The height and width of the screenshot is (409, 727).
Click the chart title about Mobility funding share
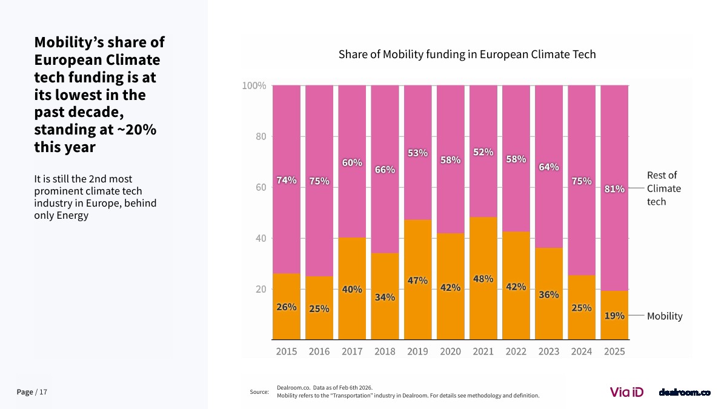coord(467,55)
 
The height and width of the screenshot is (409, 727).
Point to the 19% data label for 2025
coord(614,316)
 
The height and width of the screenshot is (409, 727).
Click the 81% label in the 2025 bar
coord(614,189)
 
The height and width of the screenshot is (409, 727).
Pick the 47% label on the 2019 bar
coord(417,281)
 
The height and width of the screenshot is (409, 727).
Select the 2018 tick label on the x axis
coord(385,351)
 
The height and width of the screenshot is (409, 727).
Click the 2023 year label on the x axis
coord(549,351)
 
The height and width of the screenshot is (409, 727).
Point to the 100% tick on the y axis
coord(254,86)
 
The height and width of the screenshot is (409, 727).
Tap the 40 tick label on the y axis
coord(261,239)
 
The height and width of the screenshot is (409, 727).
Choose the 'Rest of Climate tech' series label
coord(663,188)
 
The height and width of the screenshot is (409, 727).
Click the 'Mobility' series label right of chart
coord(665,316)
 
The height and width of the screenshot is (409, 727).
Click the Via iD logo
coord(626,392)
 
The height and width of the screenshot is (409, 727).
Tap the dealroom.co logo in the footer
coord(685,393)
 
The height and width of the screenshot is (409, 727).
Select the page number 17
coord(43,393)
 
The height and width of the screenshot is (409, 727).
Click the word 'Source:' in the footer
coord(259,393)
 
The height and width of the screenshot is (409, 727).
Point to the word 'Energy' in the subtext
coord(74,216)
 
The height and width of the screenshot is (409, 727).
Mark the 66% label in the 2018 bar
coord(385,170)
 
